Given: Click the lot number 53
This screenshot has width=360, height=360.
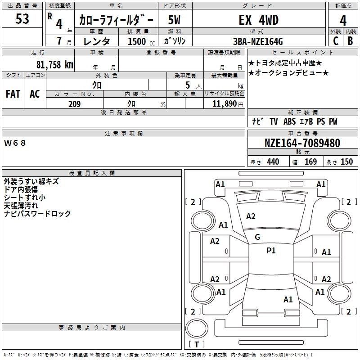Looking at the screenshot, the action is click(22, 19).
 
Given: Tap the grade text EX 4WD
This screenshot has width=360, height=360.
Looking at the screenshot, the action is click(258, 20).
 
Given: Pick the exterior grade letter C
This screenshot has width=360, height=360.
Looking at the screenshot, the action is click(335, 41).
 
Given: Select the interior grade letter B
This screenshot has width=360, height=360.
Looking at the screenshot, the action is click(351, 41).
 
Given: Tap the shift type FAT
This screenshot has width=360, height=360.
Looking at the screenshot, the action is click(13, 94).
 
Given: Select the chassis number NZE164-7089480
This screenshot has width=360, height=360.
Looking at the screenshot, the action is click(302, 143).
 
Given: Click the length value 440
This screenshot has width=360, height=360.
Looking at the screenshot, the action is click(273, 162).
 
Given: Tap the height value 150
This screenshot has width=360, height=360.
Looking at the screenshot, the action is click(346, 162).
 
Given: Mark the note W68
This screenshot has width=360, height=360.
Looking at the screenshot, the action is click(15, 143).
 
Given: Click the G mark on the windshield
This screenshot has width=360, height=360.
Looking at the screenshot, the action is click(257, 237).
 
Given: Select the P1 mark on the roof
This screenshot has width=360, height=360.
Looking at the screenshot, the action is click(271, 250).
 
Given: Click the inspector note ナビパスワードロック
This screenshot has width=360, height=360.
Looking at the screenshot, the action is click(37, 214).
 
